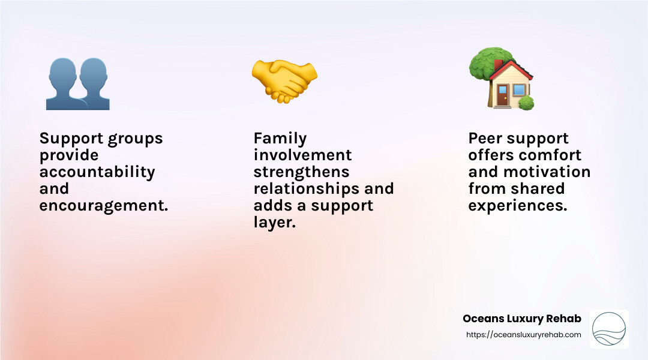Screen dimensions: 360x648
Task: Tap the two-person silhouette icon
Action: point(77,83)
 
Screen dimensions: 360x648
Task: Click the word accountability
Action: point(97,172)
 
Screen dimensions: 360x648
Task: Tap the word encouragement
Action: point(103,206)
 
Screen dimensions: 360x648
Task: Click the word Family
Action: point(280,139)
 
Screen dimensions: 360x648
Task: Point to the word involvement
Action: point(302,155)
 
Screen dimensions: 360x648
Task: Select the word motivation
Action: point(556,172)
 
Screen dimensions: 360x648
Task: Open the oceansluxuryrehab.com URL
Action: point(523,335)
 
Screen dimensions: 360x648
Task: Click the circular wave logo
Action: point(609,329)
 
